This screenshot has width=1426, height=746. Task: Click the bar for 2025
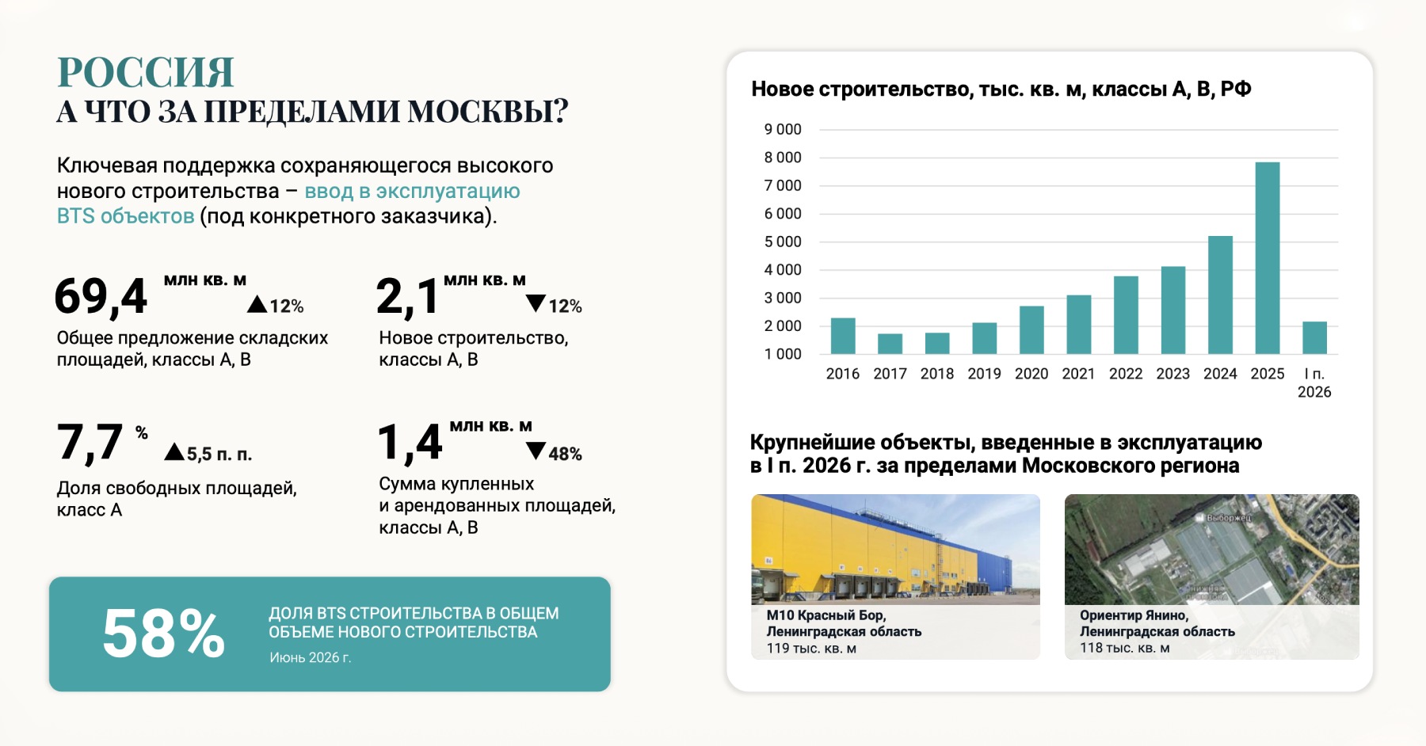1267,258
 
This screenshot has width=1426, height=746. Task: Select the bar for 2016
843,336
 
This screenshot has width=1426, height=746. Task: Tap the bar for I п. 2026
1314,338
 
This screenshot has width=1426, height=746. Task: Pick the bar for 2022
1126,315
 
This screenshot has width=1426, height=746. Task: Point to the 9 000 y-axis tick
783,129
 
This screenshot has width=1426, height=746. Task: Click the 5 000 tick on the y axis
783,242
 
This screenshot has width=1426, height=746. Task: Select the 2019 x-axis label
984,374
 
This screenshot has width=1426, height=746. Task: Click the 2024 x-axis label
1220,374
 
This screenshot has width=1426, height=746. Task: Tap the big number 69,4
101,297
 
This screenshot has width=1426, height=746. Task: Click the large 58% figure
164,634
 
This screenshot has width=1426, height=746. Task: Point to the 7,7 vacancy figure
90,442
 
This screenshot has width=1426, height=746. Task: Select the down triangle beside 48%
536,451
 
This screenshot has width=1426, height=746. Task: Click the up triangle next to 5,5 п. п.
174,452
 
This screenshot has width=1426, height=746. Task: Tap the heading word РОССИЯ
146,72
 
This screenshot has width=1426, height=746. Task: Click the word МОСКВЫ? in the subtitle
488,112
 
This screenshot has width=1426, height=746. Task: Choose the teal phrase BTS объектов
125,216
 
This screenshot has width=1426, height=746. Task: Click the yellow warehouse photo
895,550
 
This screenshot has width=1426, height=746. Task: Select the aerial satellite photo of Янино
1212,550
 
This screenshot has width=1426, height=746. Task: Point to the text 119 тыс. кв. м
811,649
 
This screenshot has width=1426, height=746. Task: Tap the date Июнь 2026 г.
310,657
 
